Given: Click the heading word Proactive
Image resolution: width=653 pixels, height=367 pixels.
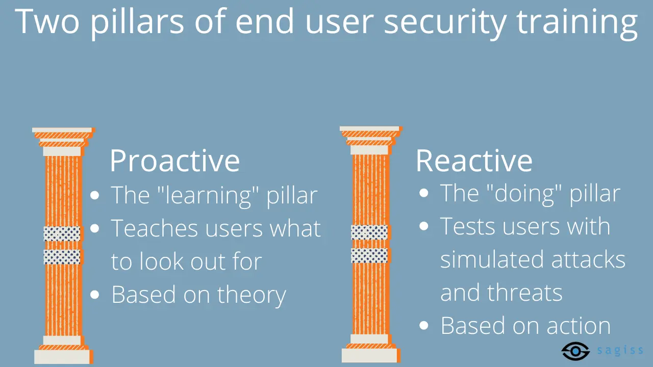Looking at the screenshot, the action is tap(174, 161).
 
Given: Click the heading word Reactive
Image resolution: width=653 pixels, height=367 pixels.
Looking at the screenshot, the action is tap(474, 161).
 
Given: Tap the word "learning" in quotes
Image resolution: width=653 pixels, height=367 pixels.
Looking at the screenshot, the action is tap(208, 196).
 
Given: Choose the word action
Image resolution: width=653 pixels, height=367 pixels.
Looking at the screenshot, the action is tap(579, 326).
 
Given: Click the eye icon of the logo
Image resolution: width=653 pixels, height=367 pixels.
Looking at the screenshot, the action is tap(575, 351).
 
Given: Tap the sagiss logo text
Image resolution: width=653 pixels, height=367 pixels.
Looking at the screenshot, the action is tap(620, 350).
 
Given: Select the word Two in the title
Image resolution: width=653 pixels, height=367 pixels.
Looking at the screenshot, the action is tap(46, 21).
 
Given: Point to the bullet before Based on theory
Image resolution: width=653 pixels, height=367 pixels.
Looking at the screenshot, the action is tap(95, 295).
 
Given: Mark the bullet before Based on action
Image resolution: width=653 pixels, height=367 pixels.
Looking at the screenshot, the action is tap(424, 326).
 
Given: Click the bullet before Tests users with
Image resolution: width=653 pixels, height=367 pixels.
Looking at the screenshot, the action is tap(424, 226).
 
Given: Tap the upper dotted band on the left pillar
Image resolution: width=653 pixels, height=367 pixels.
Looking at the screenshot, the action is tap(62, 233).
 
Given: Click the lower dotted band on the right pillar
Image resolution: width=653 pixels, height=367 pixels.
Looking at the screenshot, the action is tap(369, 255).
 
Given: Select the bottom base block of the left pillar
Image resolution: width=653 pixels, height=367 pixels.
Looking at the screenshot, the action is tap(62, 357).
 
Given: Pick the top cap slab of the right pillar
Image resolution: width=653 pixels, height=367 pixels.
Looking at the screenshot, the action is tap(370, 128).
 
